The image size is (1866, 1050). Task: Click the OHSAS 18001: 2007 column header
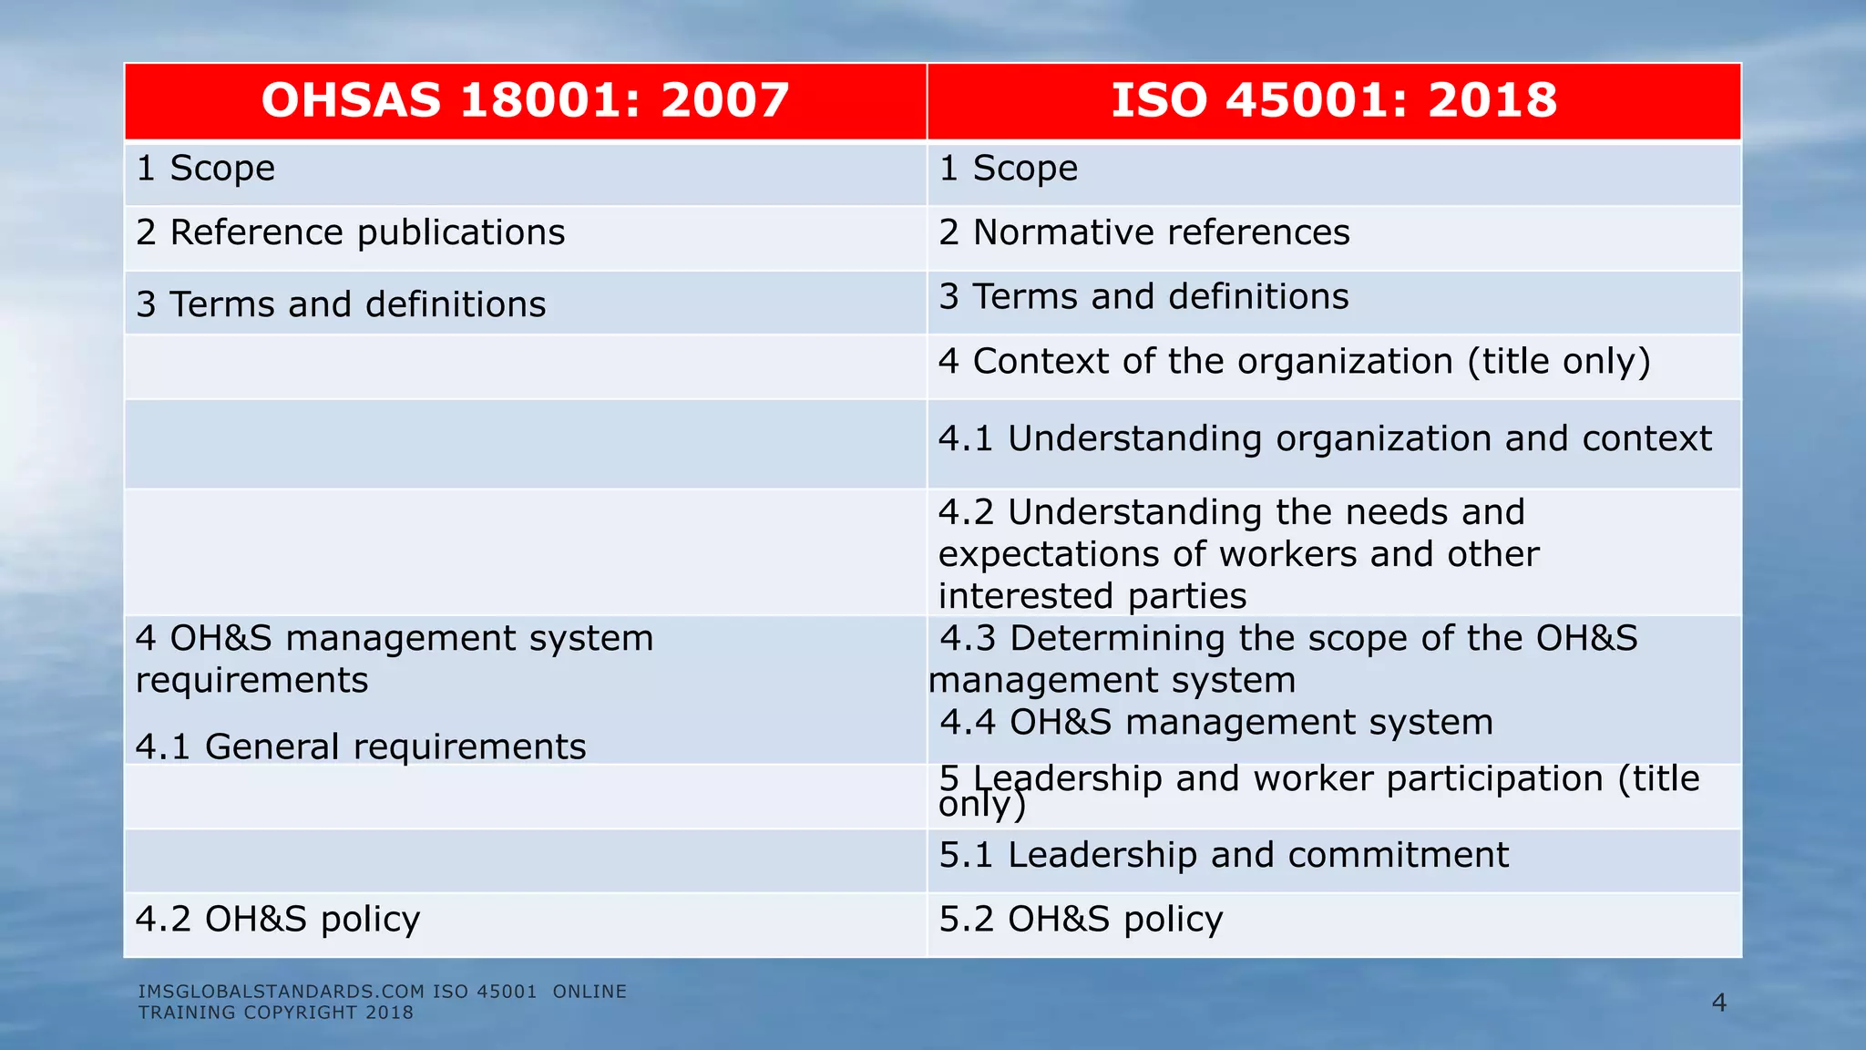point(525,100)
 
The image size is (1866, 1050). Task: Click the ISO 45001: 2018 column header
point(1334,100)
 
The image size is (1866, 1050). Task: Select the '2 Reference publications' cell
point(351,233)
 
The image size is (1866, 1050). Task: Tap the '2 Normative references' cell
point(1144,233)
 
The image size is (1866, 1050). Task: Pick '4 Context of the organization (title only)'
point(1294,362)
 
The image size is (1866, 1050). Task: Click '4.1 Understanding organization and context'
point(1325,439)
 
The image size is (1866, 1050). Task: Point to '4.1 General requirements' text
point(361,747)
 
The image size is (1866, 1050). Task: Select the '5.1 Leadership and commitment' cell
point(1224,856)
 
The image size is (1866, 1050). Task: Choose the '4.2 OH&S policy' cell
point(278,920)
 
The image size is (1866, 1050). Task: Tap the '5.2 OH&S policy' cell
point(1081,920)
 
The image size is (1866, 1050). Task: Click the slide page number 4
point(1718,1004)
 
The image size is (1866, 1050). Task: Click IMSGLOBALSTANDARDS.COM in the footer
point(282,992)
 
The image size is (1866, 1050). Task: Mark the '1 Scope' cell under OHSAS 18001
point(206,169)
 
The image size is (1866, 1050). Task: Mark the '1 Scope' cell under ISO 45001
point(1009,169)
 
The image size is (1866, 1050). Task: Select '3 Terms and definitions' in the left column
point(341,304)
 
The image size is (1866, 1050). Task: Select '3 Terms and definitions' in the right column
point(1143,297)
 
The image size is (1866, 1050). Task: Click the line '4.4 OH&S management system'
point(1216,723)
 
